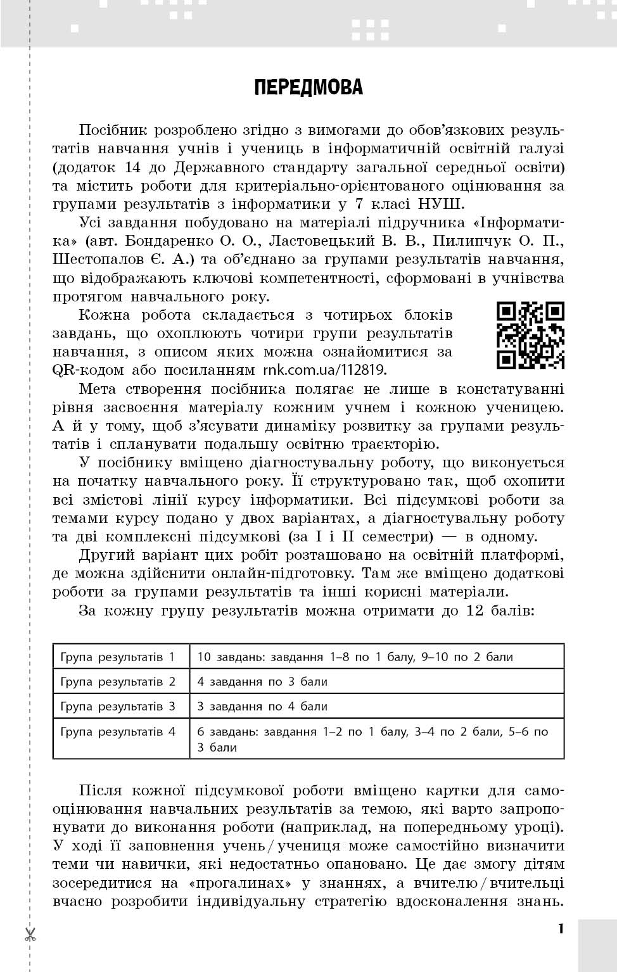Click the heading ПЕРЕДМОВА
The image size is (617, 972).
pyautogui.click(x=308, y=87)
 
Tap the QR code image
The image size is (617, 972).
pyautogui.click(x=530, y=336)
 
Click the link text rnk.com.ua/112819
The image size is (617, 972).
pyautogui.click(x=324, y=370)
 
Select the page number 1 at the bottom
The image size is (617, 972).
pyautogui.click(x=560, y=929)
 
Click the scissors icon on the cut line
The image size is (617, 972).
pyautogui.click(x=30, y=934)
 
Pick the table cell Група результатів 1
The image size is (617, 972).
pyautogui.click(x=118, y=657)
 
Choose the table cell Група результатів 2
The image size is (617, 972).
pyautogui.click(x=118, y=682)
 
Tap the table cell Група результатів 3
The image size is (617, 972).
pyautogui.click(x=118, y=706)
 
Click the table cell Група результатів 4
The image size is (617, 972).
pyautogui.click(x=118, y=731)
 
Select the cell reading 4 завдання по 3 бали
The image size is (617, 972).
pyautogui.click(x=262, y=682)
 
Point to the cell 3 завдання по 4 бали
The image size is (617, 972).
pyautogui.click(x=262, y=706)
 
